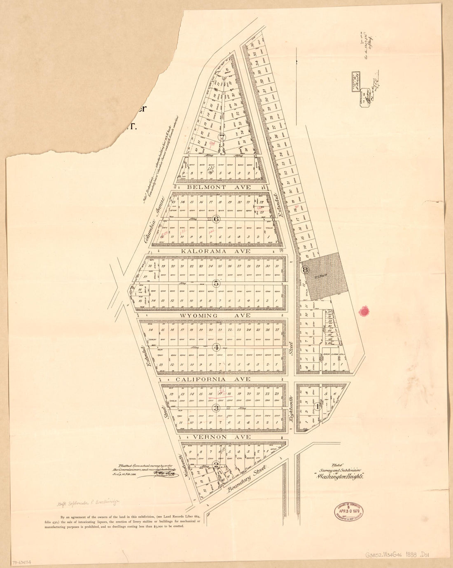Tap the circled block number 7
[222, 138]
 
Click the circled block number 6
[217, 219]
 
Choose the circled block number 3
[216, 408]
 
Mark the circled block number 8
[305, 270]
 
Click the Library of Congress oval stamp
[348, 512]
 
